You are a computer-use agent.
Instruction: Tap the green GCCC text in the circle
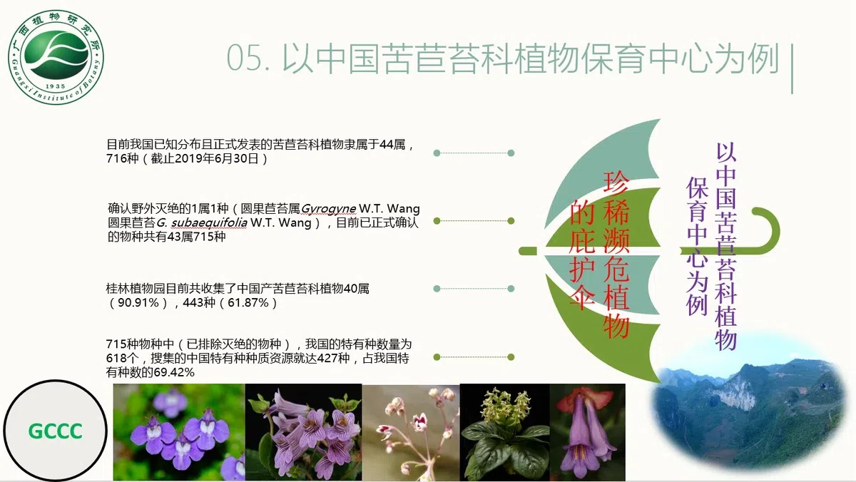56,431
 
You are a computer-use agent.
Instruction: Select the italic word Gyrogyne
329,209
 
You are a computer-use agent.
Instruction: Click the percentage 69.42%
170,372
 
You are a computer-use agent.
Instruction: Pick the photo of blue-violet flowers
179,432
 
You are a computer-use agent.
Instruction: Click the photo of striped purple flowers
304,432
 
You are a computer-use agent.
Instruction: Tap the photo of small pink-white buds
411,432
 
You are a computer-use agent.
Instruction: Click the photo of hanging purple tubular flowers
587,432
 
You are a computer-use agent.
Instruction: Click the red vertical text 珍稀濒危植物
616,254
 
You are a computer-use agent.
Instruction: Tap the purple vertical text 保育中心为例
696,246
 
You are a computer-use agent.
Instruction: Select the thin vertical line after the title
793,68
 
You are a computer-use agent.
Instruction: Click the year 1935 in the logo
55,96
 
